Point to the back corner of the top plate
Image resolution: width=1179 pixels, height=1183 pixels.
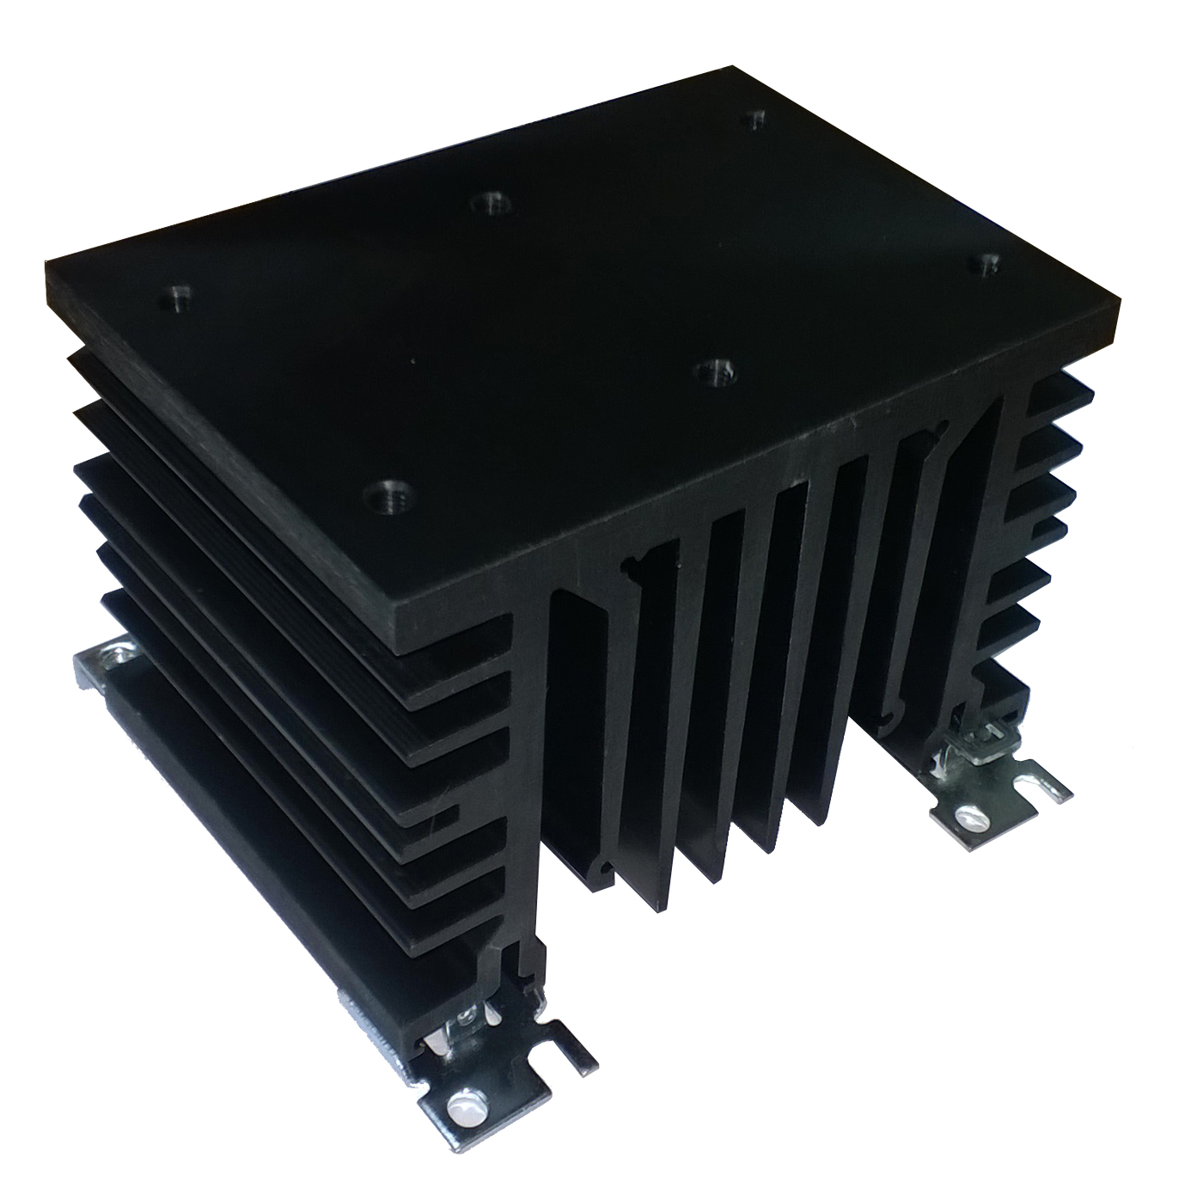733,65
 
